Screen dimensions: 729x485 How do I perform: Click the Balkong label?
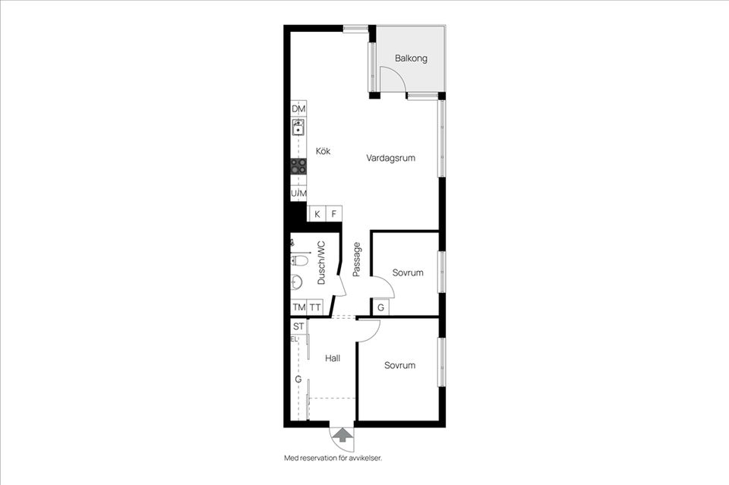point(411,58)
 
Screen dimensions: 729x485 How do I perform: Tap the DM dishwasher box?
point(298,109)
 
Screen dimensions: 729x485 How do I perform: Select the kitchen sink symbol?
point(298,126)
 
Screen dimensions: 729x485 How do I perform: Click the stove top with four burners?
point(298,166)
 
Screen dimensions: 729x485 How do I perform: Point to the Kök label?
point(323,151)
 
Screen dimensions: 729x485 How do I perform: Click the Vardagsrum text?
point(390,158)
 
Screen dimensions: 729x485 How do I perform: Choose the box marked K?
point(317,214)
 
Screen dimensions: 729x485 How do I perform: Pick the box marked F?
point(334,214)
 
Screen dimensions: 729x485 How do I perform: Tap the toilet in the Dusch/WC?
point(299,260)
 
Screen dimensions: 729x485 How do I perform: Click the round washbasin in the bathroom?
point(296,282)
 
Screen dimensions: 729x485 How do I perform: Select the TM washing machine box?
point(299,307)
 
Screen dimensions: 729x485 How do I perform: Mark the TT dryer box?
point(315,307)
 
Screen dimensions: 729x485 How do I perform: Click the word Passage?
point(357,260)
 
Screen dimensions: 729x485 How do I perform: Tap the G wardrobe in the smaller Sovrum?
point(380,307)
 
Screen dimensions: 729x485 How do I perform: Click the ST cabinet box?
point(298,326)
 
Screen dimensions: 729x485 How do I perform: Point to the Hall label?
point(333,358)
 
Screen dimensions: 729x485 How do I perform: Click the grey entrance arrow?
point(342,435)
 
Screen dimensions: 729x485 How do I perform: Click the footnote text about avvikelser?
point(333,458)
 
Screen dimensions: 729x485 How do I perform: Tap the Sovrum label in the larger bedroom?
point(400,366)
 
